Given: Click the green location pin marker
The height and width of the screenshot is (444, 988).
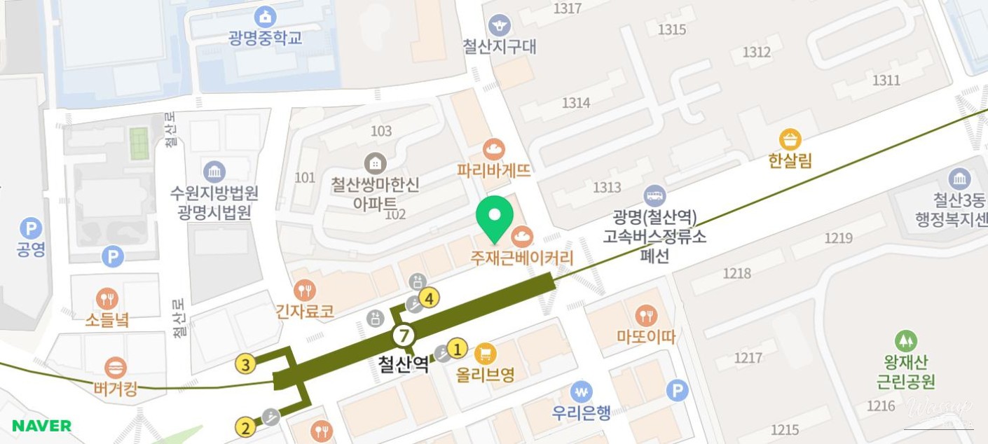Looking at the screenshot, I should pos(495,216).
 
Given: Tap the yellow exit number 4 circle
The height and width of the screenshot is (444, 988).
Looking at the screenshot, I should pos(430,299).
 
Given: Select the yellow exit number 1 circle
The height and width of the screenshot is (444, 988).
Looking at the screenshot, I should pos(458,347).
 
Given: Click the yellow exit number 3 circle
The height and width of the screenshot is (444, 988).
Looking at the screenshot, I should pos(245,364).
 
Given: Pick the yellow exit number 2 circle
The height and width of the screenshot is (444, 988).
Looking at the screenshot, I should pos(245,427).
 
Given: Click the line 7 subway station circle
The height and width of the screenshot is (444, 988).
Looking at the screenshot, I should pos(403,335).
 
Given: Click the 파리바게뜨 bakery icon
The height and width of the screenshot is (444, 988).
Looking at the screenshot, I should pos(494,149).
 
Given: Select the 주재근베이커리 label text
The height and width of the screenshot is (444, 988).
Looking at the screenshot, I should pos(522,258).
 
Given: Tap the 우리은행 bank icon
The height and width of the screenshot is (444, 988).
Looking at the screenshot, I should pos(581,391).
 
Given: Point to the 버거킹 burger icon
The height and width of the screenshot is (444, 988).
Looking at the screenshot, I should pos(115,367).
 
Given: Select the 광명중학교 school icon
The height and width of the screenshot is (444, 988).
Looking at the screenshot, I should pos(265,16).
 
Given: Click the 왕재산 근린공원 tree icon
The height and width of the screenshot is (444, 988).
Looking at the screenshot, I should pos(906,341).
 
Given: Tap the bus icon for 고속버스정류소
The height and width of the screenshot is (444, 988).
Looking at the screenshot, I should pos(654,196).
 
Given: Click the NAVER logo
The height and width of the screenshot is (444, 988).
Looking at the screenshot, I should pos(41,426).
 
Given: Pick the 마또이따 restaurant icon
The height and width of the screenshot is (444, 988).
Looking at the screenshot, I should pos(645,316).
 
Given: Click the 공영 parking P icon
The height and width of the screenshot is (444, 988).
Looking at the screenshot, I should pos(30,228).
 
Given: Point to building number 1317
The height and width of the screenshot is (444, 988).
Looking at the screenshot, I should pos(568,8).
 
